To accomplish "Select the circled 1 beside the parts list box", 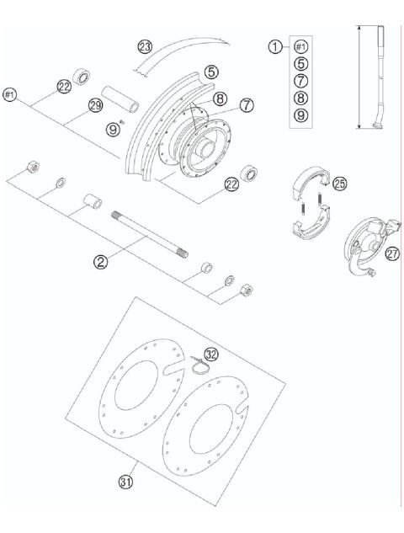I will (275, 47).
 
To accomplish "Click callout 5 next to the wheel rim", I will (211, 72).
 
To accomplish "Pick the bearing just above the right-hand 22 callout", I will (248, 175).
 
